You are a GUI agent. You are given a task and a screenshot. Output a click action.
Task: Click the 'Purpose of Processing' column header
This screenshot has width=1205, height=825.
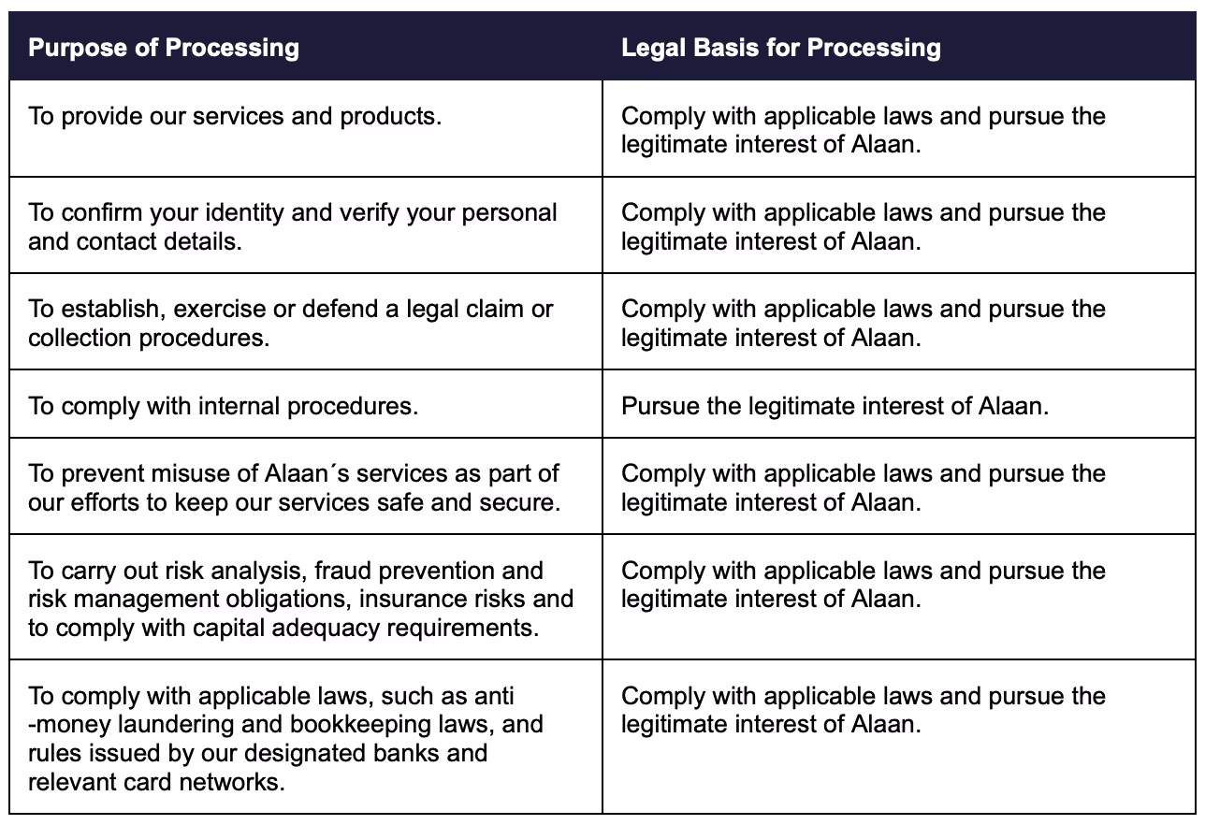click(x=164, y=47)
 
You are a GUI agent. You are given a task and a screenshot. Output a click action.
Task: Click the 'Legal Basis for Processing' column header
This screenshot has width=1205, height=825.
click(x=780, y=47)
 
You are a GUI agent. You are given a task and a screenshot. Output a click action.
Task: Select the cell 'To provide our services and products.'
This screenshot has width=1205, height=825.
click(x=235, y=117)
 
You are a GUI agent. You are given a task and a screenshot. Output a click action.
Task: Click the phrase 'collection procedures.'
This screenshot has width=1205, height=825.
click(x=149, y=337)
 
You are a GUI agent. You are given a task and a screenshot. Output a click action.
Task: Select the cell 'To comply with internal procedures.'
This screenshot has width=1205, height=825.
click(x=223, y=406)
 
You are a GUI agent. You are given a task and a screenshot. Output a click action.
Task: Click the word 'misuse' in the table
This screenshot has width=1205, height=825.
click(x=200, y=473)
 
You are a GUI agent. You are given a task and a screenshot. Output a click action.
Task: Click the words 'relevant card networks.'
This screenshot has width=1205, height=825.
click(x=156, y=781)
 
